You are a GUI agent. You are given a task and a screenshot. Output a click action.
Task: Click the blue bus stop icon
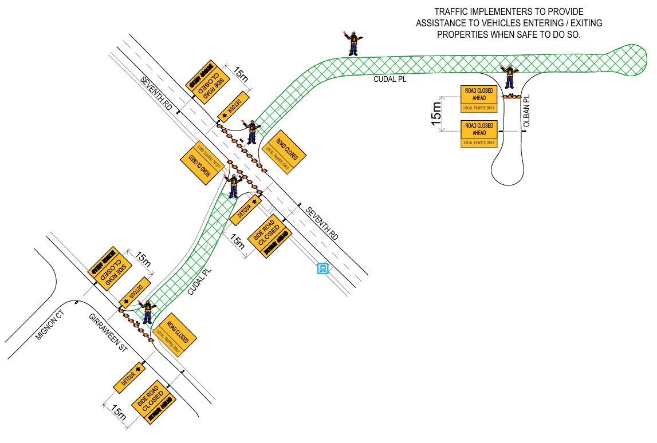click(x=323, y=268)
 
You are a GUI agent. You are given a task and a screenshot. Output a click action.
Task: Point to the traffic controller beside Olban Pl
click(x=508, y=75)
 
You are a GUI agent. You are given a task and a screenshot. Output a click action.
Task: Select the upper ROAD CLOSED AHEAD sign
click(x=479, y=98)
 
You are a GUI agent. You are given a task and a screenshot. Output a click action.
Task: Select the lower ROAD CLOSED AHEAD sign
click(x=479, y=133)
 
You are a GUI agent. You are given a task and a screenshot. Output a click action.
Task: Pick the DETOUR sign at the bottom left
click(x=128, y=378)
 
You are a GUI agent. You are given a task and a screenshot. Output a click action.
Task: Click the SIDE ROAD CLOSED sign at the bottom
click(x=152, y=403)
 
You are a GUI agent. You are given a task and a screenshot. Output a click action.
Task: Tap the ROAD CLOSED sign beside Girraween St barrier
click(x=176, y=336)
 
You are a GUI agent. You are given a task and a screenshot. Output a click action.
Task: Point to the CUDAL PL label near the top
click(x=390, y=80)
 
